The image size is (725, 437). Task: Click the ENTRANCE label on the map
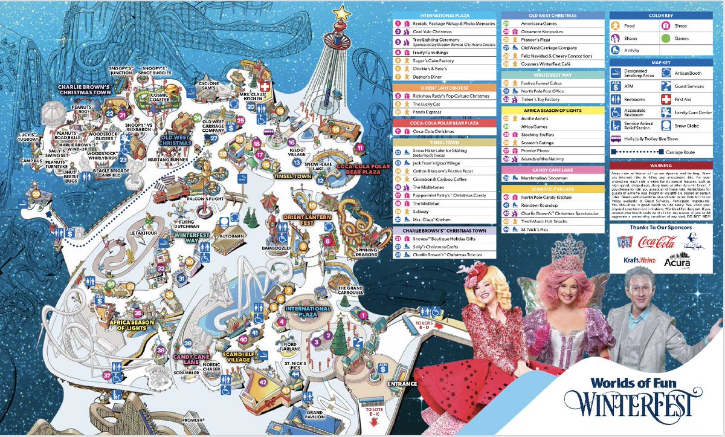[x=404, y=384]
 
